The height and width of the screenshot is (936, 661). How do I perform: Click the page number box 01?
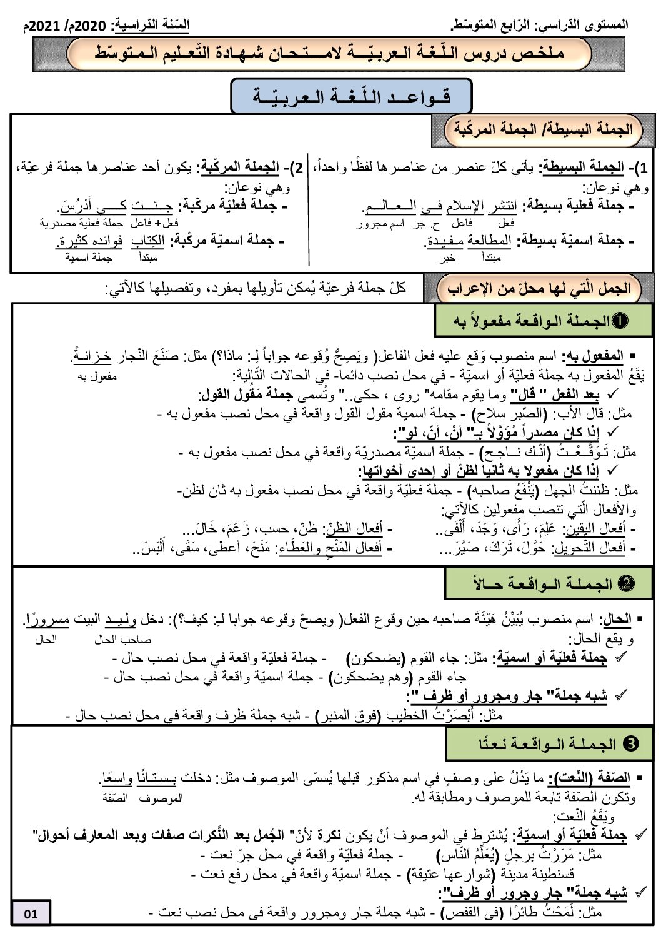(x=31, y=914)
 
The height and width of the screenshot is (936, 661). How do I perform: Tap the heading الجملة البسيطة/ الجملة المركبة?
(x=542, y=129)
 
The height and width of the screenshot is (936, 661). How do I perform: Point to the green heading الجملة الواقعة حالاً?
(x=548, y=584)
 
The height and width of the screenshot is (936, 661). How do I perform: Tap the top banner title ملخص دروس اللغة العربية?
(x=330, y=54)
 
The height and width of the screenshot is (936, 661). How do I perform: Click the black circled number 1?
(x=620, y=321)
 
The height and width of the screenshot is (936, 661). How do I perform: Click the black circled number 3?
(x=631, y=744)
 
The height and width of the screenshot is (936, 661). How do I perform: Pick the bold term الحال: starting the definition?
(x=615, y=620)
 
